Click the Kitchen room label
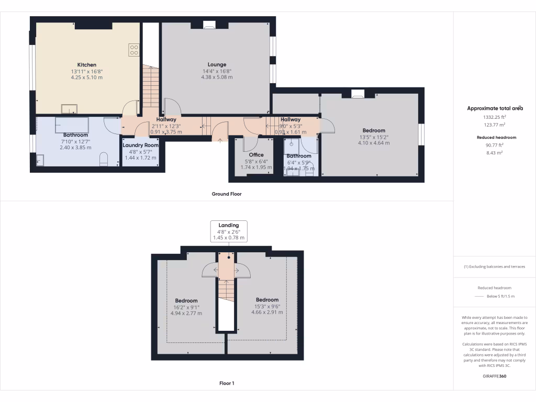[x=87, y=65]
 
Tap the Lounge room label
[x=217, y=65]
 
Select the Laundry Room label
[x=140, y=145]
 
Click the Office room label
[x=256, y=155]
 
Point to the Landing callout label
[x=229, y=225]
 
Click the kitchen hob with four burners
[x=134, y=50]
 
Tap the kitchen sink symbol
[x=69, y=109]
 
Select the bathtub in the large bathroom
[x=72, y=125]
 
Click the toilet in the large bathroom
[x=103, y=160]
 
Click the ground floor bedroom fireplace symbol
[x=358, y=95]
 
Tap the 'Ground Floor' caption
[x=227, y=194]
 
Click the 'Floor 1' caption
[x=227, y=383]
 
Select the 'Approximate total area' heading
[x=495, y=108]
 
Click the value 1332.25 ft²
[x=495, y=117]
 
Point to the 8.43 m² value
[x=495, y=153]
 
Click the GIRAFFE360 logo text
[x=495, y=376]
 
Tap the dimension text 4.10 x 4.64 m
[x=374, y=143]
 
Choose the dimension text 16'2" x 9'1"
[x=186, y=307]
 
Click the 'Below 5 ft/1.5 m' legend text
[x=500, y=296]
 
